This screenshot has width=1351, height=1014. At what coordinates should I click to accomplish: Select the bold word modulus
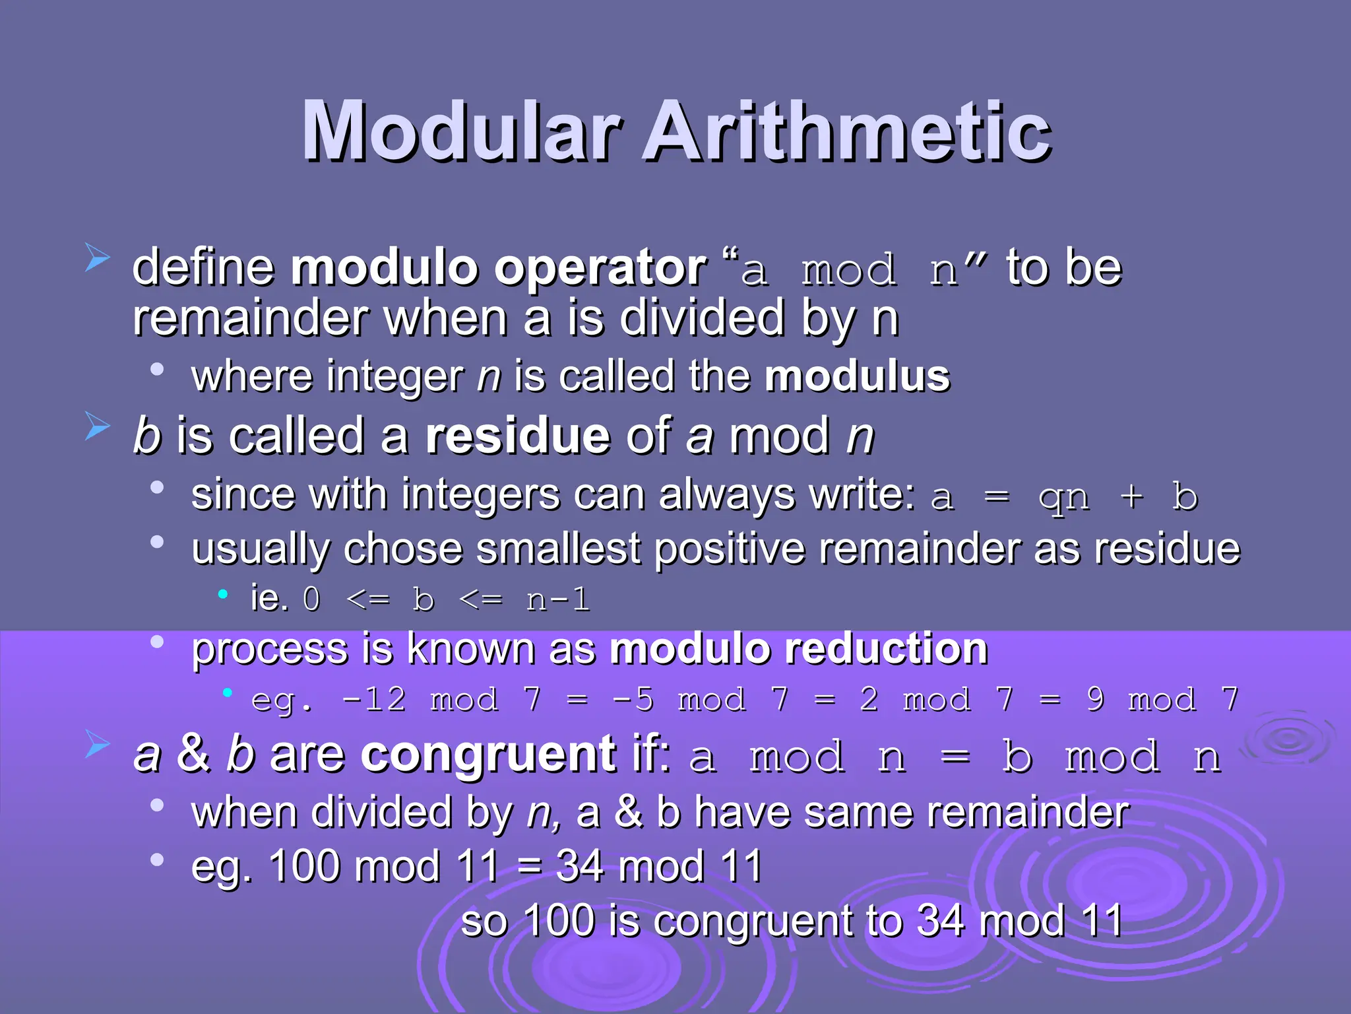coord(857,376)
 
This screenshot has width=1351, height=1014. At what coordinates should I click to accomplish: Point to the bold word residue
coord(517,436)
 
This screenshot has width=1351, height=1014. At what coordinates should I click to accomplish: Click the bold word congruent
coord(489,755)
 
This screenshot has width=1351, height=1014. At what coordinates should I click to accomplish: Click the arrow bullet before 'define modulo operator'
coord(97,258)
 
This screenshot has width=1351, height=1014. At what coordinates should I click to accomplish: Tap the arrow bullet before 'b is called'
coord(97,426)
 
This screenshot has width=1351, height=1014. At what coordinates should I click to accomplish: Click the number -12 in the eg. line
coord(374,700)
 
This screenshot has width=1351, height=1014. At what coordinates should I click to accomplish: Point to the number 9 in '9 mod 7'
coord(1095,700)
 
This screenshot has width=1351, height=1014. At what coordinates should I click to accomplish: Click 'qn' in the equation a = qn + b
coord(1063,499)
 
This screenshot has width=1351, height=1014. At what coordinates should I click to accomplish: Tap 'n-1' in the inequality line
coord(557,600)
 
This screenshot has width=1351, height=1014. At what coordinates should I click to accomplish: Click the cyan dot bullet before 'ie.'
coord(223,595)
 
